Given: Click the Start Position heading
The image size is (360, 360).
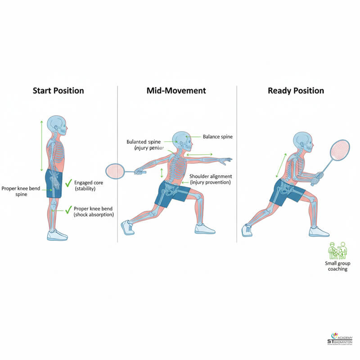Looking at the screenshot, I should click(x=58, y=90).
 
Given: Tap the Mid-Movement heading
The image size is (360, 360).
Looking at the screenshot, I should click(x=176, y=90).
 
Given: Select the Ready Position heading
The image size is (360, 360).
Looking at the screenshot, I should click(x=296, y=90).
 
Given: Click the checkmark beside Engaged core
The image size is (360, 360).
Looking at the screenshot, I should click(x=68, y=183).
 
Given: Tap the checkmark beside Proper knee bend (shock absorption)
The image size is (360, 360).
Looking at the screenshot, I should click(x=68, y=209).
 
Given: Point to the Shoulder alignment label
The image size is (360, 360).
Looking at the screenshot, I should click(x=211, y=179).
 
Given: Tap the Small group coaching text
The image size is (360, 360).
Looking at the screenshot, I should click(x=337, y=266).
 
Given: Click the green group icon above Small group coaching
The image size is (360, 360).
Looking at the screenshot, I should click(x=337, y=250).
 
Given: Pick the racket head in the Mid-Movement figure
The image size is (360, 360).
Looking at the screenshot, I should click(x=115, y=171).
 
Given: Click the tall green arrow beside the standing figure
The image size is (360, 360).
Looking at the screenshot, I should click(x=41, y=145).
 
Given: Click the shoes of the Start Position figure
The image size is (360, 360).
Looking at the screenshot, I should click(x=57, y=235).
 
